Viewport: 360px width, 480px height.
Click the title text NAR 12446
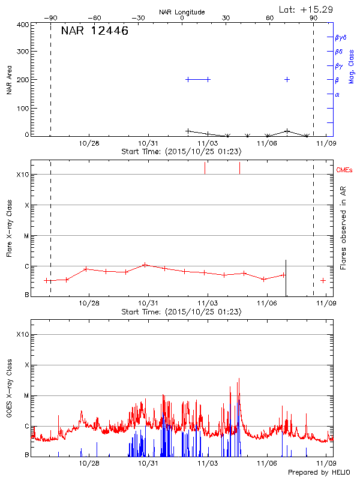coord(95,31)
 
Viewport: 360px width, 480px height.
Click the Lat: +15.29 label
coord(307,9)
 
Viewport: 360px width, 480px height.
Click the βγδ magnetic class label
coord(341,37)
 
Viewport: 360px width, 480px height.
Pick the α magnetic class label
coord(337,94)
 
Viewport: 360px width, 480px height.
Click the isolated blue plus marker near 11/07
coord(287,79)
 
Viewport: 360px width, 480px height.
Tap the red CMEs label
coord(345,170)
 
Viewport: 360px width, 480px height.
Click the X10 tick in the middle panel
coord(23,175)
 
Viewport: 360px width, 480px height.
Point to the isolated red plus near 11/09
coord(323,280)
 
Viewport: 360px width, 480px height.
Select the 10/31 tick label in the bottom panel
coord(148,463)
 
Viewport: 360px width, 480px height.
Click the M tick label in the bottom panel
coord(26,396)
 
